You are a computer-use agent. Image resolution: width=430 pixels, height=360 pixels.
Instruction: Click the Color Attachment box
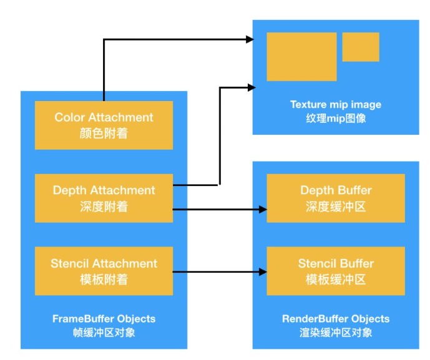(104, 125)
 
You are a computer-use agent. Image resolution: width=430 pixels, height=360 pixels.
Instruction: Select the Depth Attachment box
(104, 198)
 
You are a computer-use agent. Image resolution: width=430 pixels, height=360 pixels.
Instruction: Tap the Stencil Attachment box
(104, 271)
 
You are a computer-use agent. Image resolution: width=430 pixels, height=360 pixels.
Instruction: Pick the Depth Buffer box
(336, 198)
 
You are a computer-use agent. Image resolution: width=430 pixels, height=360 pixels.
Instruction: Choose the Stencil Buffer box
(336, 271)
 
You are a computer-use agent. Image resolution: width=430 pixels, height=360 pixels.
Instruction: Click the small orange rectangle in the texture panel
(361, 47)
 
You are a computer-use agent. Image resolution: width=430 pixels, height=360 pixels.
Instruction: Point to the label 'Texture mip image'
(336, 104)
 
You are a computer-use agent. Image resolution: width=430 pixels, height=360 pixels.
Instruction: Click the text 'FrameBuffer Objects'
(104, 319)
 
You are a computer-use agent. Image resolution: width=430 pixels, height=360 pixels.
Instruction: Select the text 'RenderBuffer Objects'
(336, 319)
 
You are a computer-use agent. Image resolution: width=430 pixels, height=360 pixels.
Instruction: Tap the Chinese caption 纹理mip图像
(336, 118)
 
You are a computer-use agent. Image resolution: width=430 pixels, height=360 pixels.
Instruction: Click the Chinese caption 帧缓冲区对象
(104, 333)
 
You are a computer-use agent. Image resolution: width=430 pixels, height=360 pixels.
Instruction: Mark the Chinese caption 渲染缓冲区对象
(336, 333)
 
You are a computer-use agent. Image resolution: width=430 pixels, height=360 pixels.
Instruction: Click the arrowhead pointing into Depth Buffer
(263, 210)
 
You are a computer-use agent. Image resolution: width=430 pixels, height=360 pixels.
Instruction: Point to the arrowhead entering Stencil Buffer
(263, 272)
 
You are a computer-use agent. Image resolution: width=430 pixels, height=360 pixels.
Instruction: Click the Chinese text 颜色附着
(104, 133)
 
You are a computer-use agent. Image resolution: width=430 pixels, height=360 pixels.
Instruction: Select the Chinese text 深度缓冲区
(336, 207)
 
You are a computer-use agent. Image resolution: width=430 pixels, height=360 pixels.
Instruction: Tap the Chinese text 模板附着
(104, 280)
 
